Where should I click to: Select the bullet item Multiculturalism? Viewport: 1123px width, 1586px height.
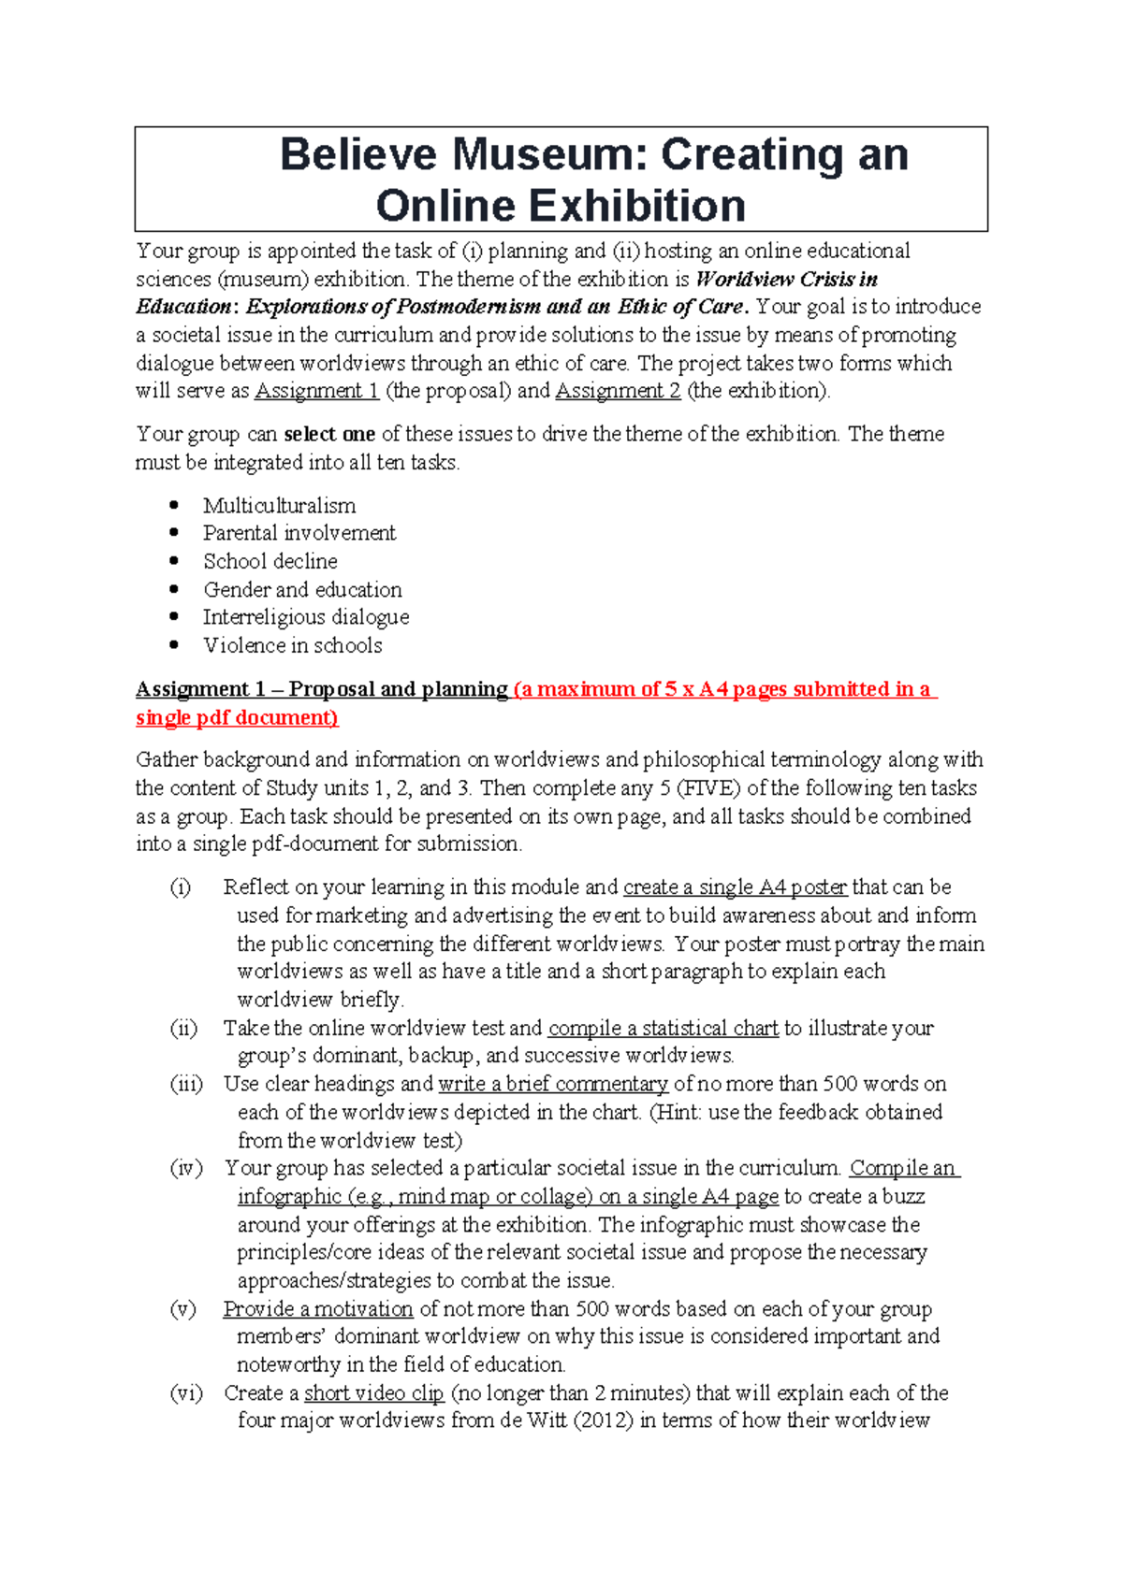(279, 506)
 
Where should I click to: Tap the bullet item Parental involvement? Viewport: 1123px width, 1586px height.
(299, 533)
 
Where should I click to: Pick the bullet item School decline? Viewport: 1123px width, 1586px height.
(270, 561)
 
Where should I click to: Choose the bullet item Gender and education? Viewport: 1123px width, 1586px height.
(302, 590)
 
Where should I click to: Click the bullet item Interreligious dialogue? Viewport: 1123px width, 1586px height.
(306, 617)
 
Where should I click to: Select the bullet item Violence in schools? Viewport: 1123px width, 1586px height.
(293, 645)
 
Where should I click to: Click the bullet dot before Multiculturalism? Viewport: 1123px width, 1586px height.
(174, 505)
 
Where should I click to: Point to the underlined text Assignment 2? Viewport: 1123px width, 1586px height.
(618, 391)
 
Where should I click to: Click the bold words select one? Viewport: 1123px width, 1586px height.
(328, 435)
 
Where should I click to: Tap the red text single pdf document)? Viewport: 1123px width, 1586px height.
(237, 718)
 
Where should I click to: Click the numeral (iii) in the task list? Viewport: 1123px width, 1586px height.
(186, 1084)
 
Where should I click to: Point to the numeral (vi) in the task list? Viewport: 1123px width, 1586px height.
(185, 1393)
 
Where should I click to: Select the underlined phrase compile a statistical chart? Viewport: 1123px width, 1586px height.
(663, 1029)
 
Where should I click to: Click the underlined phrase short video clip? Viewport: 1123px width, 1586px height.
(373, 1393)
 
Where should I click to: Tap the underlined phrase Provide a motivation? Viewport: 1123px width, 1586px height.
(317, 1309)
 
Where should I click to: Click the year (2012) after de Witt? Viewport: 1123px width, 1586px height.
(603, 1420)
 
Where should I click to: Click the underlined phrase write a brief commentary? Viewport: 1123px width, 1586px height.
(552, 1084)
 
